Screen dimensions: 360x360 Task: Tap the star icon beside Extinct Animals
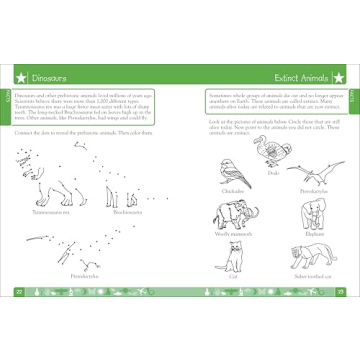339,75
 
